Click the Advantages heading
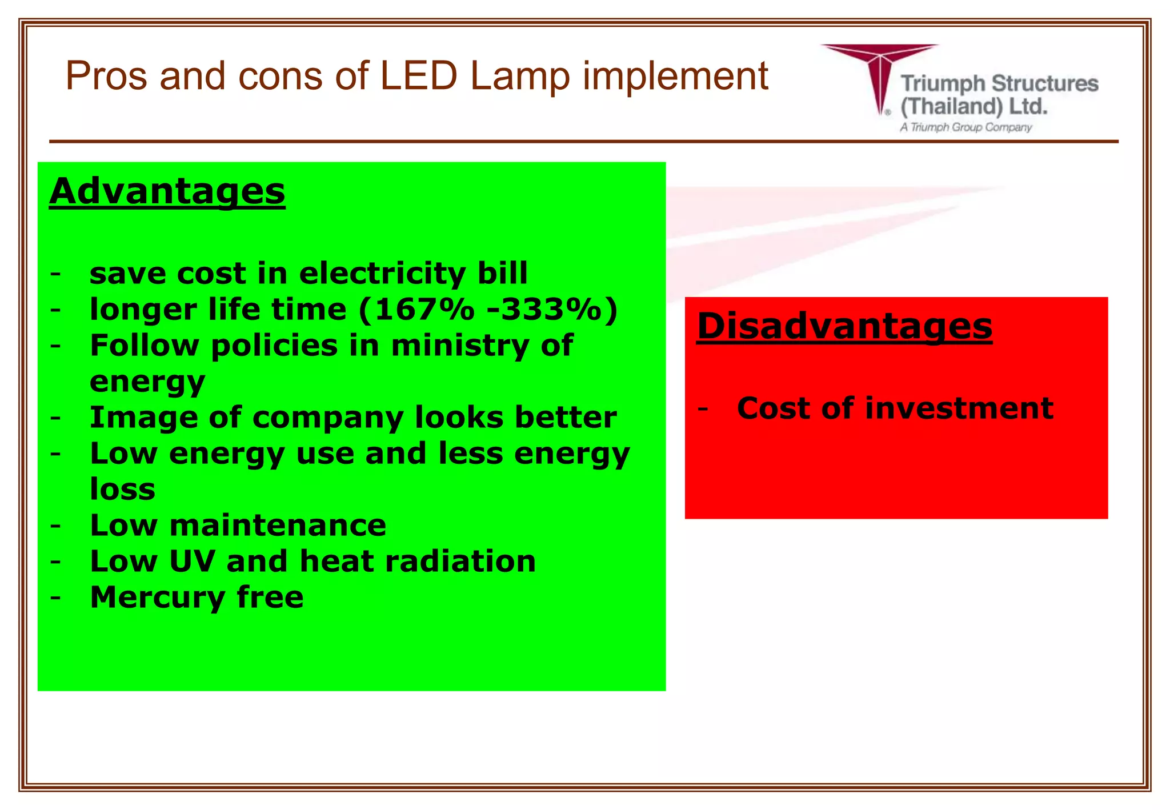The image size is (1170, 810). click(167, 191)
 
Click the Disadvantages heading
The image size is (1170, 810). click(844, 326)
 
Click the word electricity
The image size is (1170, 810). click(382, 274)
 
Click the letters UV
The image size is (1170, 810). click(192, 561)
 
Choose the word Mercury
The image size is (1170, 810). click(157, 598)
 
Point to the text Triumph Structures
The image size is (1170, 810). click(999, 84)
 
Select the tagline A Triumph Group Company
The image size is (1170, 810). click(966, 127)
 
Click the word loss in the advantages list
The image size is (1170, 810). click(122, 490)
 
